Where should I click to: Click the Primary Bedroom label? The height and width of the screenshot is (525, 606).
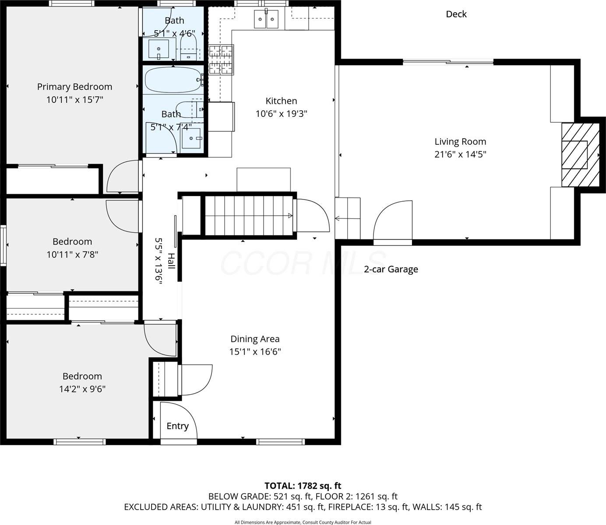click(x=74, y=87)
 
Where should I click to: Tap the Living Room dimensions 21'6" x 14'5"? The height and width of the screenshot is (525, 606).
click(x=460, y=154)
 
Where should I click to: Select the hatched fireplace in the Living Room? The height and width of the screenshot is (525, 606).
click(x=580, y=154)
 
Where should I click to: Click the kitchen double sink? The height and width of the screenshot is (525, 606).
click(x=266, y=19)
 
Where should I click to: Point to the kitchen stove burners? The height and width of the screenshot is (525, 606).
click(x=221, y=59)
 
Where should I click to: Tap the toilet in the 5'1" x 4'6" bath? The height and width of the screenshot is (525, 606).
click(x=188, y=48)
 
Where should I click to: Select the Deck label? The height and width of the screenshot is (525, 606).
click(x=456, y=14)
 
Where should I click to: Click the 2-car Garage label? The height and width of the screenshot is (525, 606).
click(x=391, y=269)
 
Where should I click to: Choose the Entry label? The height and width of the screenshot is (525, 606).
click(x=177, y=426)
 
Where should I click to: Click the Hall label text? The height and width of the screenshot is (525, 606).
click(x=171, y=261)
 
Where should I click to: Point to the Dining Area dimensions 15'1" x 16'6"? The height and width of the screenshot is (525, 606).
click(x=255, y=351)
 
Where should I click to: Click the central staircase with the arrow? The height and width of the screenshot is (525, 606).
click(x=249, y=215)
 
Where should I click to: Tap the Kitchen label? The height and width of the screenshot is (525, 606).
click(x=281, y=101)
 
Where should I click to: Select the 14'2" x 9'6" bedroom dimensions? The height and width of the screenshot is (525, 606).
click(x=82, y=388)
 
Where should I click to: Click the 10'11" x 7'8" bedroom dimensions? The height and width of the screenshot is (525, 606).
click(x=72, y=254)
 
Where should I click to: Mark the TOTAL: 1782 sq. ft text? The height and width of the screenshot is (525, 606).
click(x=303, y=486)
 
